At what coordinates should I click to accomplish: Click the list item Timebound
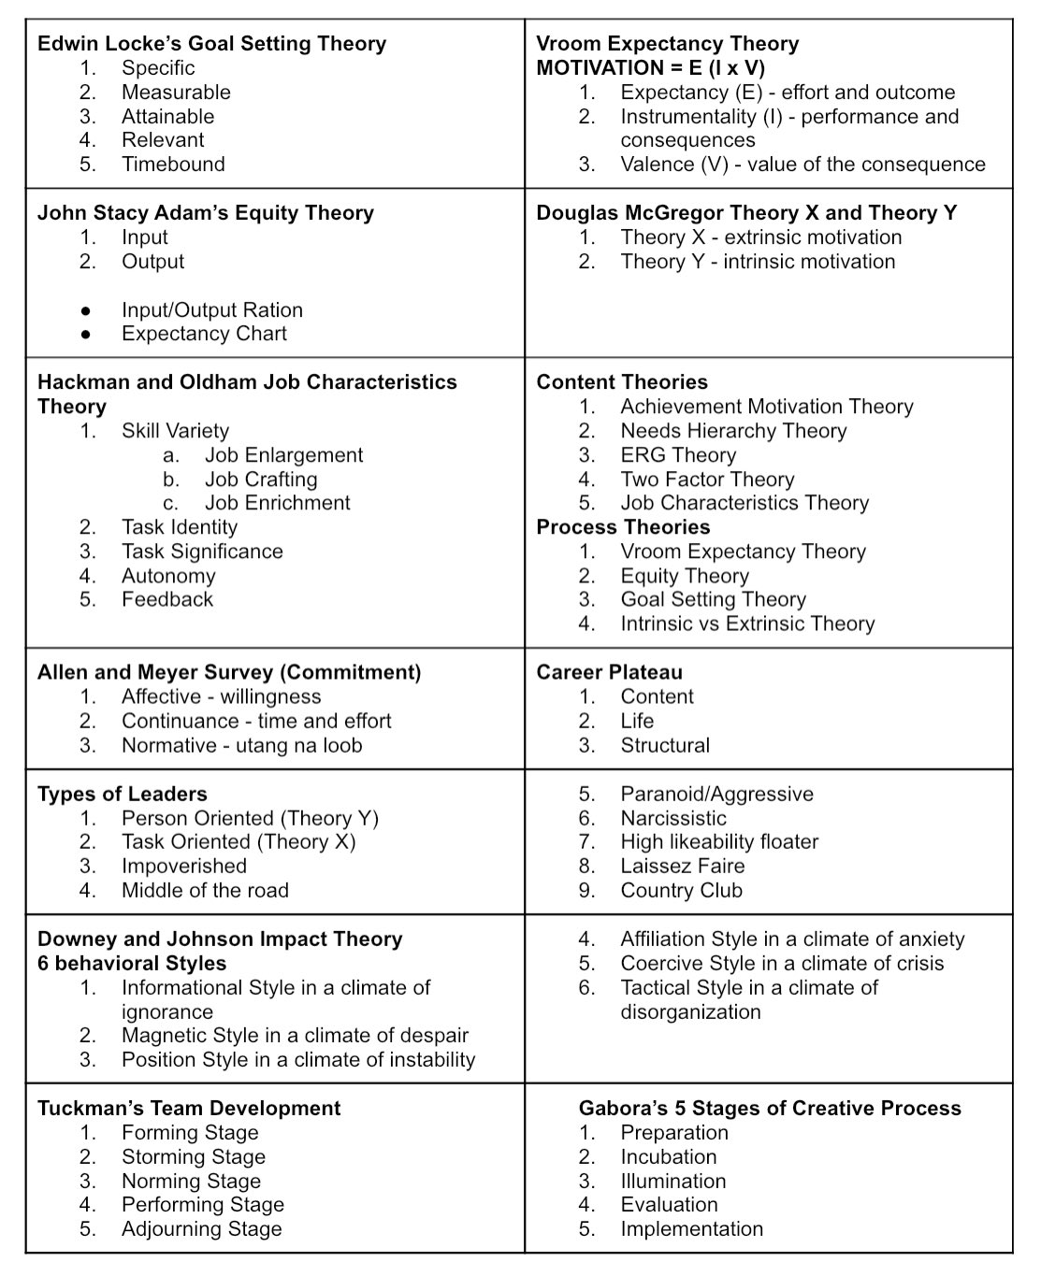173,165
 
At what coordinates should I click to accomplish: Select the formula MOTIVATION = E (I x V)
650,68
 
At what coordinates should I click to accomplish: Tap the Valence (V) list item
802,165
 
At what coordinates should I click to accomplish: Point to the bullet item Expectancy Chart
204,334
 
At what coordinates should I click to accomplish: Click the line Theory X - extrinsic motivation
760,237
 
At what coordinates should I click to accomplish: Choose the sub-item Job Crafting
261,480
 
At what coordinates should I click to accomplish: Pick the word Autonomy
168,576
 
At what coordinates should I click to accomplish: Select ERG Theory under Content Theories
678,455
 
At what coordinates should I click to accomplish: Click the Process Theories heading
623,527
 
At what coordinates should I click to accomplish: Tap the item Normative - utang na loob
241,745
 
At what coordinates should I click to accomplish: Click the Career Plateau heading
609,672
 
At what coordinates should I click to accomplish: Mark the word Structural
665,745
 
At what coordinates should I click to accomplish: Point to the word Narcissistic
673,818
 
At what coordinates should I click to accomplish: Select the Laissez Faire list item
683,867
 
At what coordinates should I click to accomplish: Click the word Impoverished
183,867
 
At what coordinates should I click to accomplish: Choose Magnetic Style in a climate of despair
295,1036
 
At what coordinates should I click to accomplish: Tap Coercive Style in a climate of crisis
782,963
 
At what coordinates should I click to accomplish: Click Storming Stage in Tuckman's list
194,1157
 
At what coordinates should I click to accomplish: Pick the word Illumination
673,1182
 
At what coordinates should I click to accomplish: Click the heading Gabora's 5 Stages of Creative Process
770,1109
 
